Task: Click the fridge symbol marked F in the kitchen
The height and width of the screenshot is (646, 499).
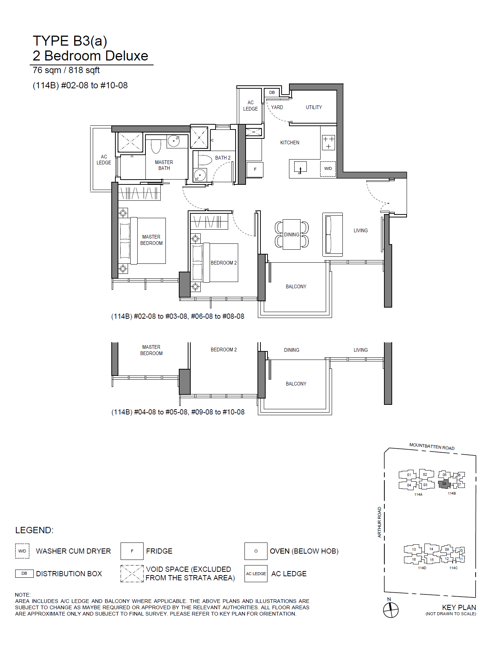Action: (255, 169)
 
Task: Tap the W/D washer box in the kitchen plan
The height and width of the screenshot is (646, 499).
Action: (328, 168)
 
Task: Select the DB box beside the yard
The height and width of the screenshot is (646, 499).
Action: (272, 92)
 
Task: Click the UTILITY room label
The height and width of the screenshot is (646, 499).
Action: (314, 107)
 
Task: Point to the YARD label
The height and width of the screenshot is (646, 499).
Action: (277, 107)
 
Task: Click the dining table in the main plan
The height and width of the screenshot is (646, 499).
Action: (292, 234)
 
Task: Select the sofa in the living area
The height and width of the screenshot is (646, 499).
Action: (333, 235)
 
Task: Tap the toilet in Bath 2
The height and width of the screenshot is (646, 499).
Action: (204, 160)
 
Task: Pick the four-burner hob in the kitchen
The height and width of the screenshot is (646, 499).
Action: (328, 142)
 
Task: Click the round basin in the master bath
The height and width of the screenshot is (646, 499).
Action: (173, 141)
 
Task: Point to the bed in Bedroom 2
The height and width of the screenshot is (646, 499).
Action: (214, 263)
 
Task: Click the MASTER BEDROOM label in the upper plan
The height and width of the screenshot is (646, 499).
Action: (151, 240)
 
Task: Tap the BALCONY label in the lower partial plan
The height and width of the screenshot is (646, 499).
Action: (296, 384)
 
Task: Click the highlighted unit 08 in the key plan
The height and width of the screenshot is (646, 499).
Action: (444, 484)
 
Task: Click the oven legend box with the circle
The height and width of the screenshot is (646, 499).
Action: (256, 551)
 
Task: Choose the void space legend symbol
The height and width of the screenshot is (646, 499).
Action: (132, 573)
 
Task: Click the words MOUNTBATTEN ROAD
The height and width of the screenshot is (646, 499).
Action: (432, 446)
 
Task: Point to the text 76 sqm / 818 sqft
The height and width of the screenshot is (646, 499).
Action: (66, 70)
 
